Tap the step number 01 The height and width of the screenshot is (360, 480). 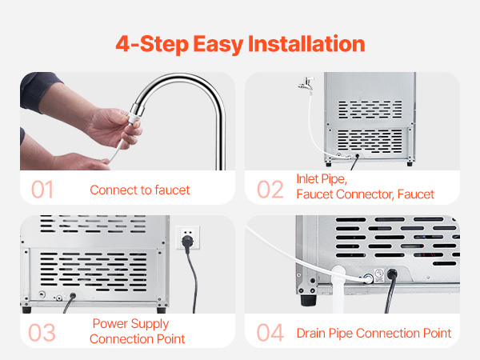click(42, 190)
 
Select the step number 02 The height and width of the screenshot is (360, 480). click(270, 190)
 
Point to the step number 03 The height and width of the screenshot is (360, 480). click(42, 333)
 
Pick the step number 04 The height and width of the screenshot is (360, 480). click(270, 333)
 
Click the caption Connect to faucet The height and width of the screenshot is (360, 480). click(140, 190)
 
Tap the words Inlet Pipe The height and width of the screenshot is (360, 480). click(322, 179)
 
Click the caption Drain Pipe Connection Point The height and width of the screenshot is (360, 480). click(374, 333)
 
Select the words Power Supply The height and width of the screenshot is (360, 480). click(130, 324)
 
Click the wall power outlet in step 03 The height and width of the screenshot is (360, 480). click(188, 238)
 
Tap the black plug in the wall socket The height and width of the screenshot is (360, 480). click(187, 242)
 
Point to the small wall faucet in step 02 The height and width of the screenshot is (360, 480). click(306, 84)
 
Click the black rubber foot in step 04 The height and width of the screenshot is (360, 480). click(308, 300)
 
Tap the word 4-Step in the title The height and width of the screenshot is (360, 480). click(152, 44)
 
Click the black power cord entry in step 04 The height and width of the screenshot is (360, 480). click(392, 274)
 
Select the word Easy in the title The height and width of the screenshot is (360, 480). click(218, 45)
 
